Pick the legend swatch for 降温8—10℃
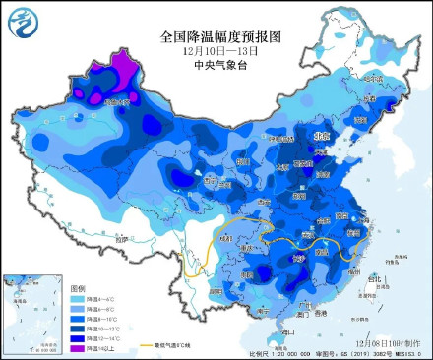point(77,320)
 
